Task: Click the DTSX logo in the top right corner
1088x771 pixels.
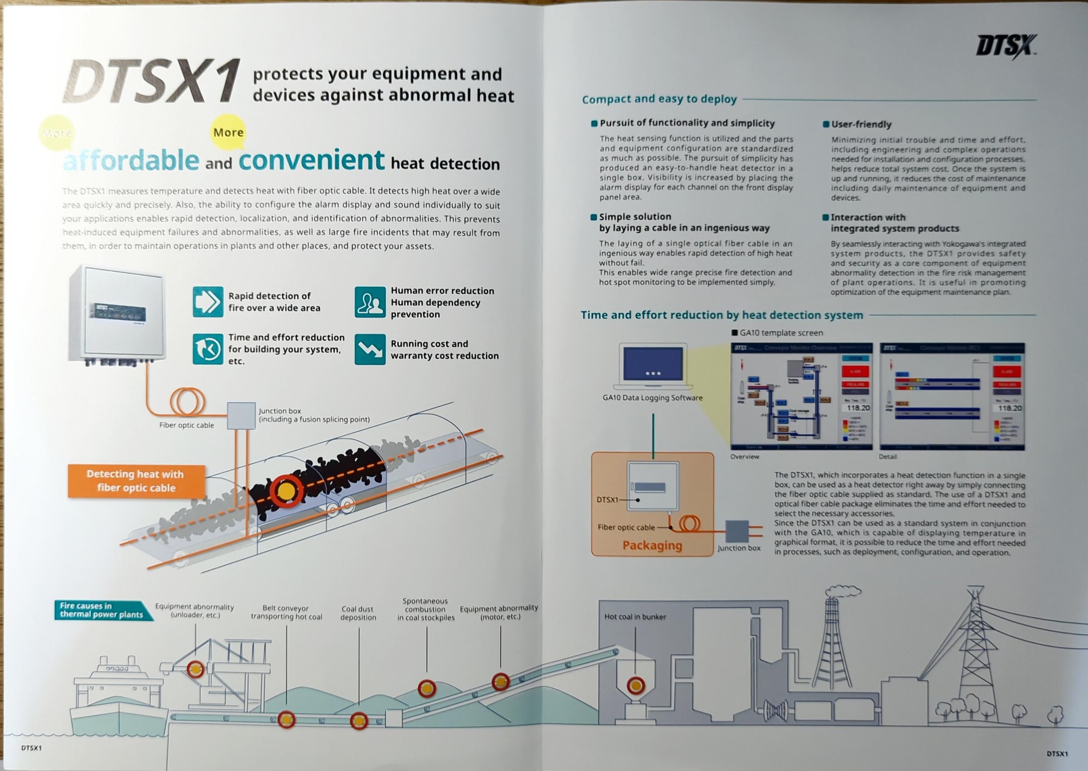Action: pos(1006,47)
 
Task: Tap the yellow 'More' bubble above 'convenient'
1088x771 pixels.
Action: pos(228,132)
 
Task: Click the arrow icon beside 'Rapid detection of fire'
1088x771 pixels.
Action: pos(208,302)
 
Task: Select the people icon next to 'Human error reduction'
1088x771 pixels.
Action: pos(370,302)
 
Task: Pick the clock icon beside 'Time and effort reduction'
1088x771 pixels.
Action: pos(208,349)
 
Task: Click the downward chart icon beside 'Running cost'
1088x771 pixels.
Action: pos(370,349)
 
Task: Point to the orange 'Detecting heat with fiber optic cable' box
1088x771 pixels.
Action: pos(136,481)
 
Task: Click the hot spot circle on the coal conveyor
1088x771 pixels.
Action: pos(286,491)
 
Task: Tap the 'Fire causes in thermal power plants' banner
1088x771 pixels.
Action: pos(102,610)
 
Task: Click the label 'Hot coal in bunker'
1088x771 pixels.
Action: pos(635,617)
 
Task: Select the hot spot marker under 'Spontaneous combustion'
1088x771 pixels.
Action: pos(427,688)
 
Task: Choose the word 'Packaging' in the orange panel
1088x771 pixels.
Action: pos(652,546)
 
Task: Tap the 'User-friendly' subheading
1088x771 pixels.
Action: pos(861,124)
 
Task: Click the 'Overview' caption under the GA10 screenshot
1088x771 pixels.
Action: pos(744,457)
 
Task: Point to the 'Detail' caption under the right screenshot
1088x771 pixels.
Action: pos(887,457)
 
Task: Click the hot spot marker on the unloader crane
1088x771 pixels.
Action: pos(195,670)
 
